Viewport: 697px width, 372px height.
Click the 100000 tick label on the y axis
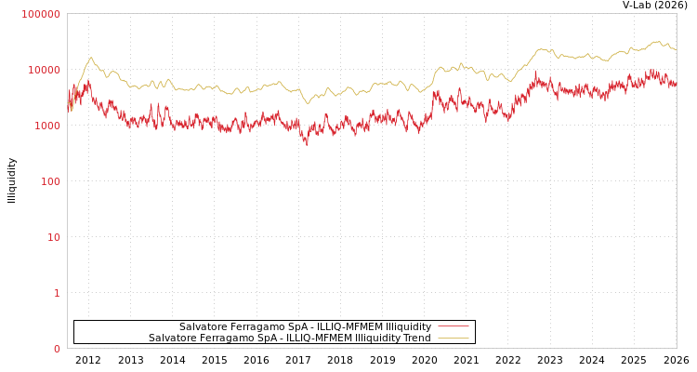point(41,14)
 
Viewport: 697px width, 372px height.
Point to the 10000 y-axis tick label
point(44,70)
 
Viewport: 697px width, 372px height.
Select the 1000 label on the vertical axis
point(46,126)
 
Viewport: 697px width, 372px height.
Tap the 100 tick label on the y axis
point(49,181)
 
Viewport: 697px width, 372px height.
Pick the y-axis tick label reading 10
point(54,237)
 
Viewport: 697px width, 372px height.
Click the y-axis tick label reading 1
point(57,293)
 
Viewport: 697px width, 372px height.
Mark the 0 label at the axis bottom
point(57,349)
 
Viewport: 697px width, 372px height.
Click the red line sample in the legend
point(453,327)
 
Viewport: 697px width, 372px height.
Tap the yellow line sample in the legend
point(453,339)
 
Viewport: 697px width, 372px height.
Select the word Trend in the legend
point(414,339)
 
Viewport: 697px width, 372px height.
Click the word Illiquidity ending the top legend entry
point(408,327)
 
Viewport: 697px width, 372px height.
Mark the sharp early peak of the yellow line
point(90,58)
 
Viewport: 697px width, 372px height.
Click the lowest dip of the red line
point(307,144)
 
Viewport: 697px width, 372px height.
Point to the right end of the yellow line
point(676,49)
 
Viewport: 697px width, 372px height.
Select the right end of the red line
point(676,86)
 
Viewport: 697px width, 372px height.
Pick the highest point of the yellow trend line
point(656,41)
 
